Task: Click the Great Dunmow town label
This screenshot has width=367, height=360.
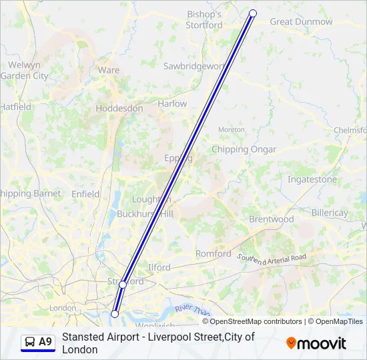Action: pos(301,22)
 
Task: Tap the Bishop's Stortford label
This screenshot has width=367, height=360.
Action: pos(205,19)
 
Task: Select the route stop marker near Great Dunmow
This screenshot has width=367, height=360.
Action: pos(253,13)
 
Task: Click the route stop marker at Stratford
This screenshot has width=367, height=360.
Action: pos(123,285)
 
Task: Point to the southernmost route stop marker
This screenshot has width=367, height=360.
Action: pos(115,313)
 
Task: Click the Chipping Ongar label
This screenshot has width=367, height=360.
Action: pos(244,149)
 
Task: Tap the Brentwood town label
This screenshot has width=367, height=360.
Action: pos(271,219)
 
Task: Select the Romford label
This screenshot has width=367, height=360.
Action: pos(214,254)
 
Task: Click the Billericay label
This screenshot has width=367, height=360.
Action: pos(330,213)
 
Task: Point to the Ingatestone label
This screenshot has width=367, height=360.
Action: pos(312,179)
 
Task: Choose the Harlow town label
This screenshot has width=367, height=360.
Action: pos(172,104)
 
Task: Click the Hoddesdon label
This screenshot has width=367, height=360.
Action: pos(119,108)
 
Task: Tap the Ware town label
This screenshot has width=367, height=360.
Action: pos(109,70)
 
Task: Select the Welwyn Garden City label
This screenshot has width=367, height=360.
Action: pos(24,71)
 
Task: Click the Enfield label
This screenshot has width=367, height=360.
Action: pos(85,194)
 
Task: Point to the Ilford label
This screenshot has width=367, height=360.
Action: pos(159,267)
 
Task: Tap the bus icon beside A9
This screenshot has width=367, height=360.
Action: pos(29,342)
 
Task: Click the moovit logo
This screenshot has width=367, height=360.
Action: pos(316,343)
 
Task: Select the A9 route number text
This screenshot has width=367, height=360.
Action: pos(45,342)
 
